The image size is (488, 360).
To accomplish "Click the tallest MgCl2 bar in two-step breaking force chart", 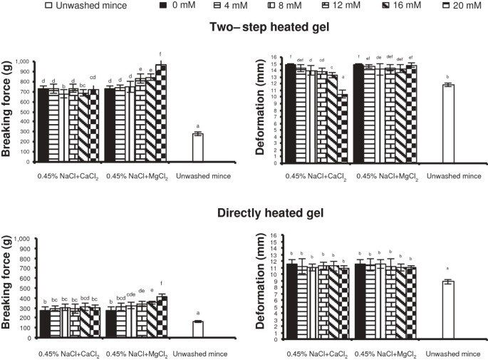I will [162, 113].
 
